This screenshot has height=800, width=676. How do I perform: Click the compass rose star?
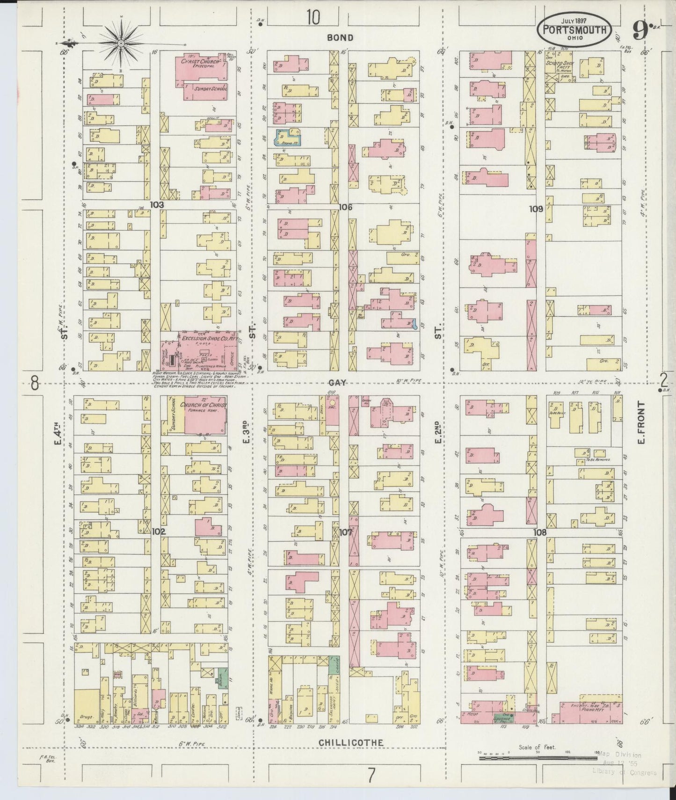(121, 43)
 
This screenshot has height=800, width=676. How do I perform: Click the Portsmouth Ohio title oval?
(574, 30)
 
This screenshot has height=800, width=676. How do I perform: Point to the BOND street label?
(340, 37)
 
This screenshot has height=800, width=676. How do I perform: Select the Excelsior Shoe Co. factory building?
(206, 349)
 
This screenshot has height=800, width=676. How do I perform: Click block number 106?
(345, 207)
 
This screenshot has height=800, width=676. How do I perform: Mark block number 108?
(539, 532)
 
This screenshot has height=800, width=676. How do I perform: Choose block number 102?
(159, 531)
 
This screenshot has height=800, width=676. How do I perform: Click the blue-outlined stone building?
(287, 137)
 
